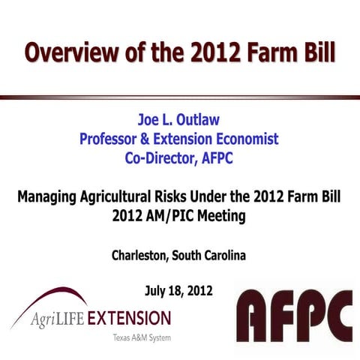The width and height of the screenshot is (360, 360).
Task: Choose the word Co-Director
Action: (161, 157)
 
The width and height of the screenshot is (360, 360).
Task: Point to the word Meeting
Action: (220, 216)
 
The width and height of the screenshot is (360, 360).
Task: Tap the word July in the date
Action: (157, 289)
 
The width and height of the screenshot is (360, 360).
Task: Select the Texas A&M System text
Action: (142, 337)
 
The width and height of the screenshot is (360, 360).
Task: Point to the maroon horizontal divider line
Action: (180, 97)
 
